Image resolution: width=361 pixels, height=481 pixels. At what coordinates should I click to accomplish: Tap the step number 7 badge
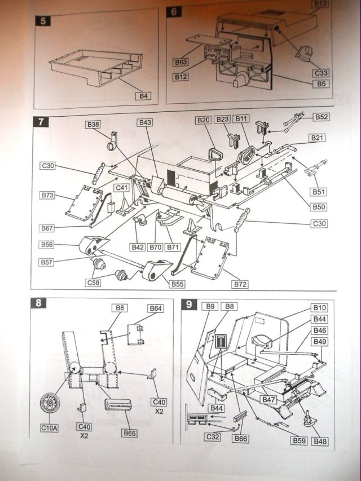click(40, 121)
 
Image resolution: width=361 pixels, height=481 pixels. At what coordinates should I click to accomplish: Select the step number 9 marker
click(188, 305)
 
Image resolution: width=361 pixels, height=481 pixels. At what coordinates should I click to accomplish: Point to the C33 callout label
click(322, 73)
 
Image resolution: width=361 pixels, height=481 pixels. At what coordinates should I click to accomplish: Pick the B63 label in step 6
click(181, 62)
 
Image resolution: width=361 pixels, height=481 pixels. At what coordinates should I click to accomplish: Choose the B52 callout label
click(322, 117)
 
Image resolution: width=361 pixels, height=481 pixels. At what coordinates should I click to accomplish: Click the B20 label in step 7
click(203, 120)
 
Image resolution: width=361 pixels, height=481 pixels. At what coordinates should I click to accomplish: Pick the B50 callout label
click(319, 207)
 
